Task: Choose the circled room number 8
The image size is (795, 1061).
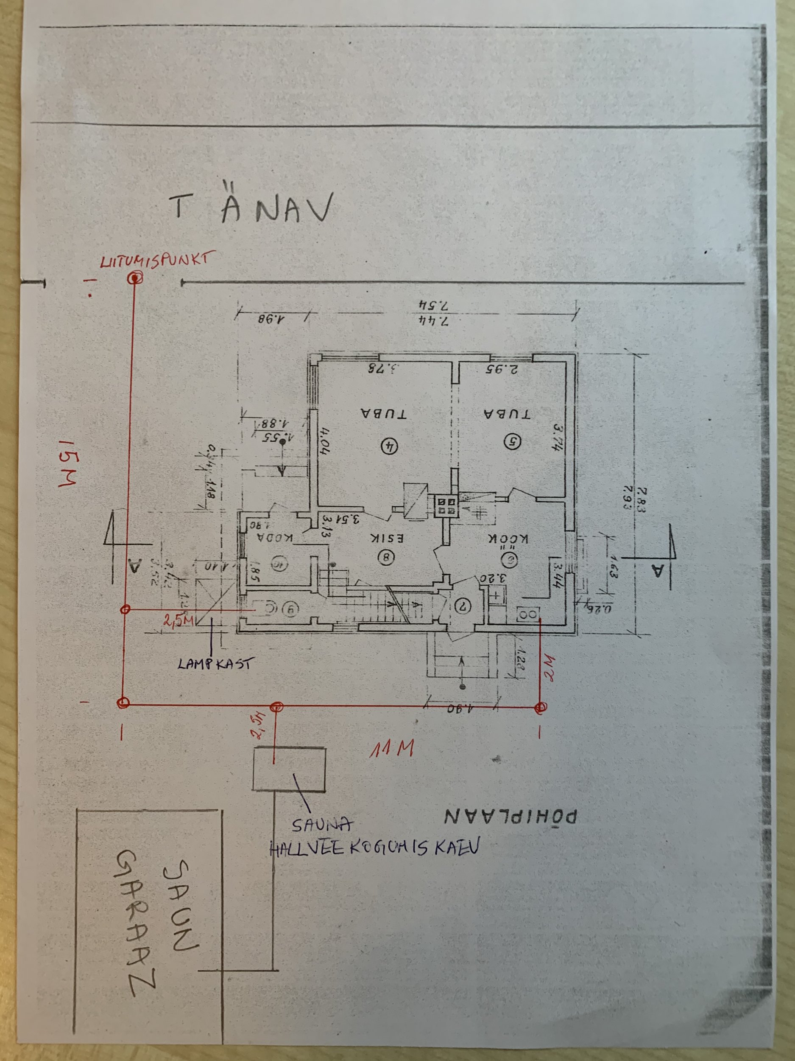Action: [x=386, y=557]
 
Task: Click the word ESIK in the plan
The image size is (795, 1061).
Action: [x=388, y=538]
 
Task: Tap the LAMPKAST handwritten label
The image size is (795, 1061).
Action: [x=214, y=664]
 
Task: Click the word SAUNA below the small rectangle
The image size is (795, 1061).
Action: [x=322, y=825]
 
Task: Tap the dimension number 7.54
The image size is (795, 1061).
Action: [x=433, y=305]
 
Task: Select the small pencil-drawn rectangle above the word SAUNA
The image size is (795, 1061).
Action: [x=290, y=769]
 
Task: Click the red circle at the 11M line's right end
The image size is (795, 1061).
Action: [x=541, y=706]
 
